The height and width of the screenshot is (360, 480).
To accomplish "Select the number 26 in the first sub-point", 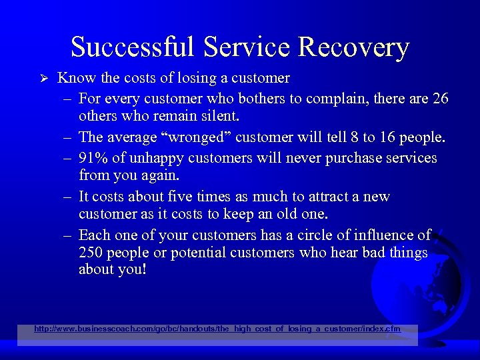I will click(440, 99).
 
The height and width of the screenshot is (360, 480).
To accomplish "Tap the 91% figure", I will click(92, 158).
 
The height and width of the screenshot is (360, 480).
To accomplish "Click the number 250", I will click(91, 253).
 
